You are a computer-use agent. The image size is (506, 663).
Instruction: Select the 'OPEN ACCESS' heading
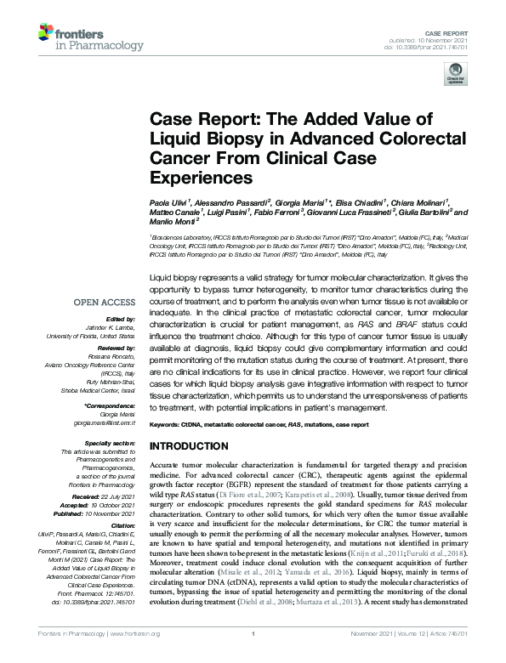(x=105, y=301)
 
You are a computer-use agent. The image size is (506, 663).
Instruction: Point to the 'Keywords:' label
(x=167, y=423)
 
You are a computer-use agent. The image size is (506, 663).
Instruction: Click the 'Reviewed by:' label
(x=116, y=348)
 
